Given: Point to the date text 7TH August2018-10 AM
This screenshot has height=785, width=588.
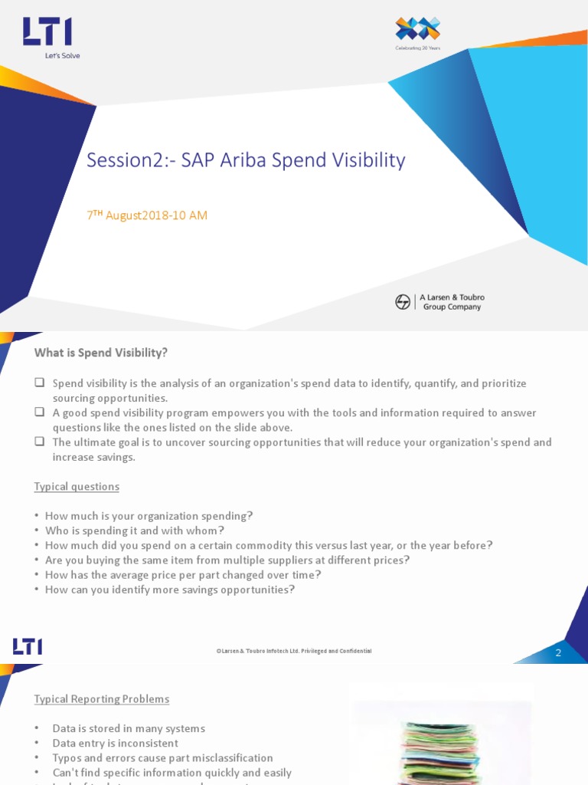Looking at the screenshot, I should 147,215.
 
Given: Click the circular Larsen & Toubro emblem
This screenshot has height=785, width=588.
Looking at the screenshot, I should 403,302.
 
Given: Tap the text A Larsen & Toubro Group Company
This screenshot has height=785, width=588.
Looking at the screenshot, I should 452,302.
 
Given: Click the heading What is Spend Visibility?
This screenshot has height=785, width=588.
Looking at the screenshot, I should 100,353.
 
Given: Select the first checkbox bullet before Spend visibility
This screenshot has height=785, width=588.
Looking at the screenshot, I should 39,383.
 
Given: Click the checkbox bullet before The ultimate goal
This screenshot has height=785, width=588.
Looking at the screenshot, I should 39,442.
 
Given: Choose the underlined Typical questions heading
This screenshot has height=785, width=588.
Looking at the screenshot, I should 77,487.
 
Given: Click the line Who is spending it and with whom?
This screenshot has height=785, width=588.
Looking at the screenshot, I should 135,530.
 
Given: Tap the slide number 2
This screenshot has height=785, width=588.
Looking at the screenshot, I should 558,653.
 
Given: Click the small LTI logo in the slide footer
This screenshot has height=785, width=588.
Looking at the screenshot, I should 28,647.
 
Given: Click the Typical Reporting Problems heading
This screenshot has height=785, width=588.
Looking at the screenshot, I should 102,699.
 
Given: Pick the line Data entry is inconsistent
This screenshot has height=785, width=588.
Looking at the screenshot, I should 115,743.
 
